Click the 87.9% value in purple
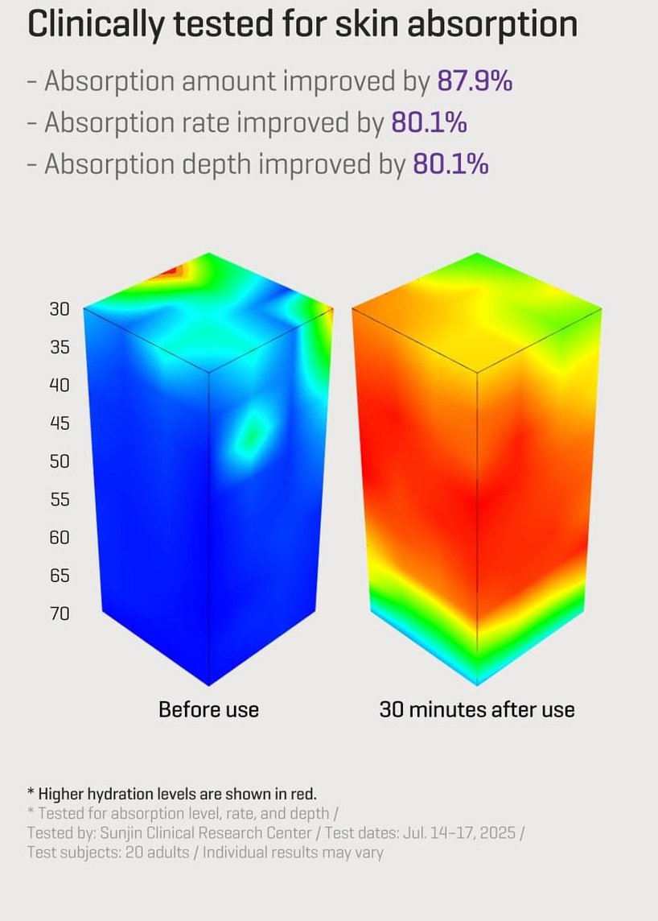click(x=475, y=81)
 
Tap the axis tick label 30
click(x=60, y=309)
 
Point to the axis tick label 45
click(x=60, y=423)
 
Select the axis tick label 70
click(x=60, y=613)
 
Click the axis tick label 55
click(x=60, y=500)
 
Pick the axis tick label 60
click(x=60, y=538)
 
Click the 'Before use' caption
click(x=208, y=710)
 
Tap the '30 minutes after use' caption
click(x=477, y=710)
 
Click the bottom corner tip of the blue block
click(x=209, y=684)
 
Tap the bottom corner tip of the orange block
click(x=477, y=684)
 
